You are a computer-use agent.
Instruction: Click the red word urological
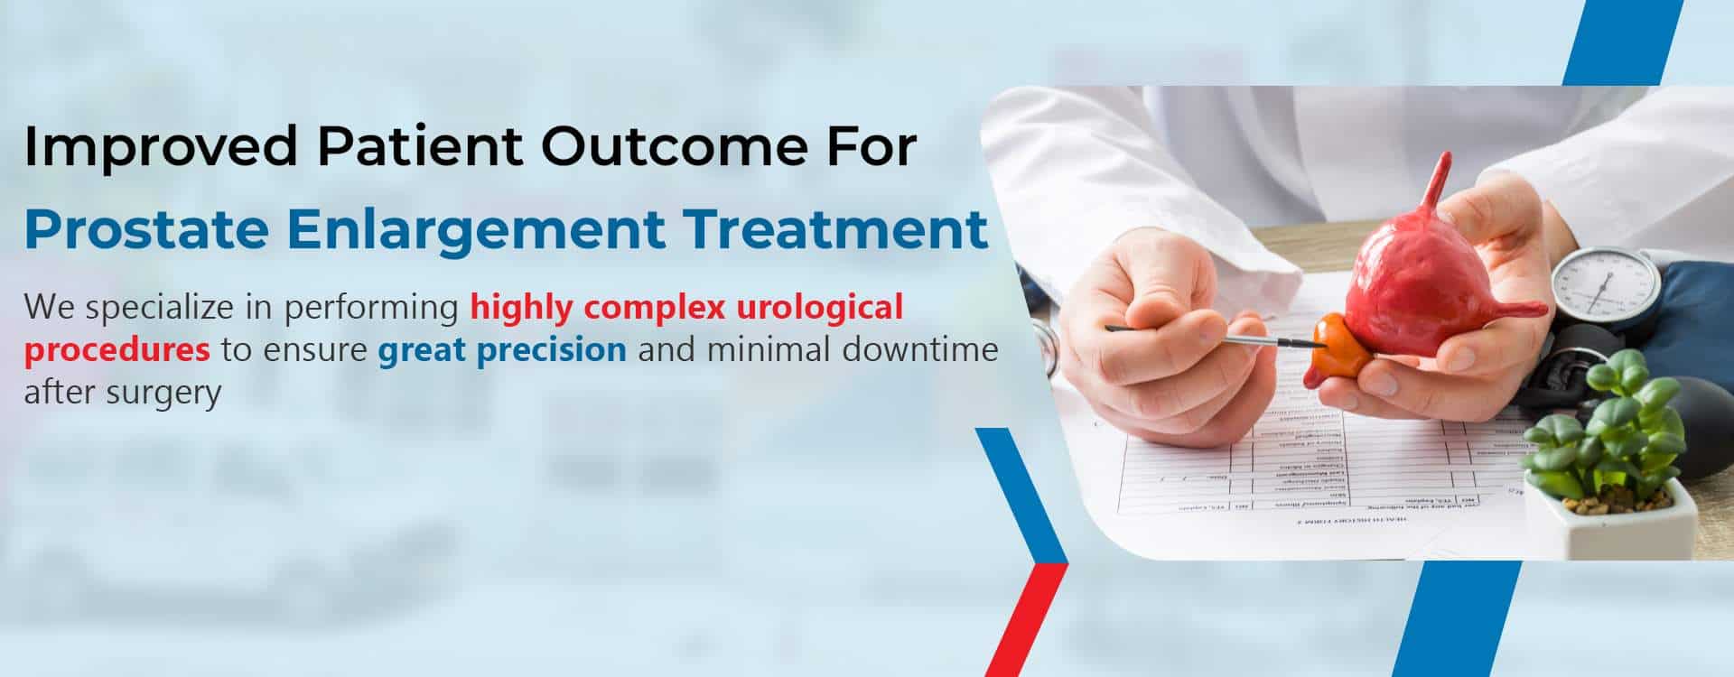click(819, 308)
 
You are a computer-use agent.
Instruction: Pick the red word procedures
click(117, 350)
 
